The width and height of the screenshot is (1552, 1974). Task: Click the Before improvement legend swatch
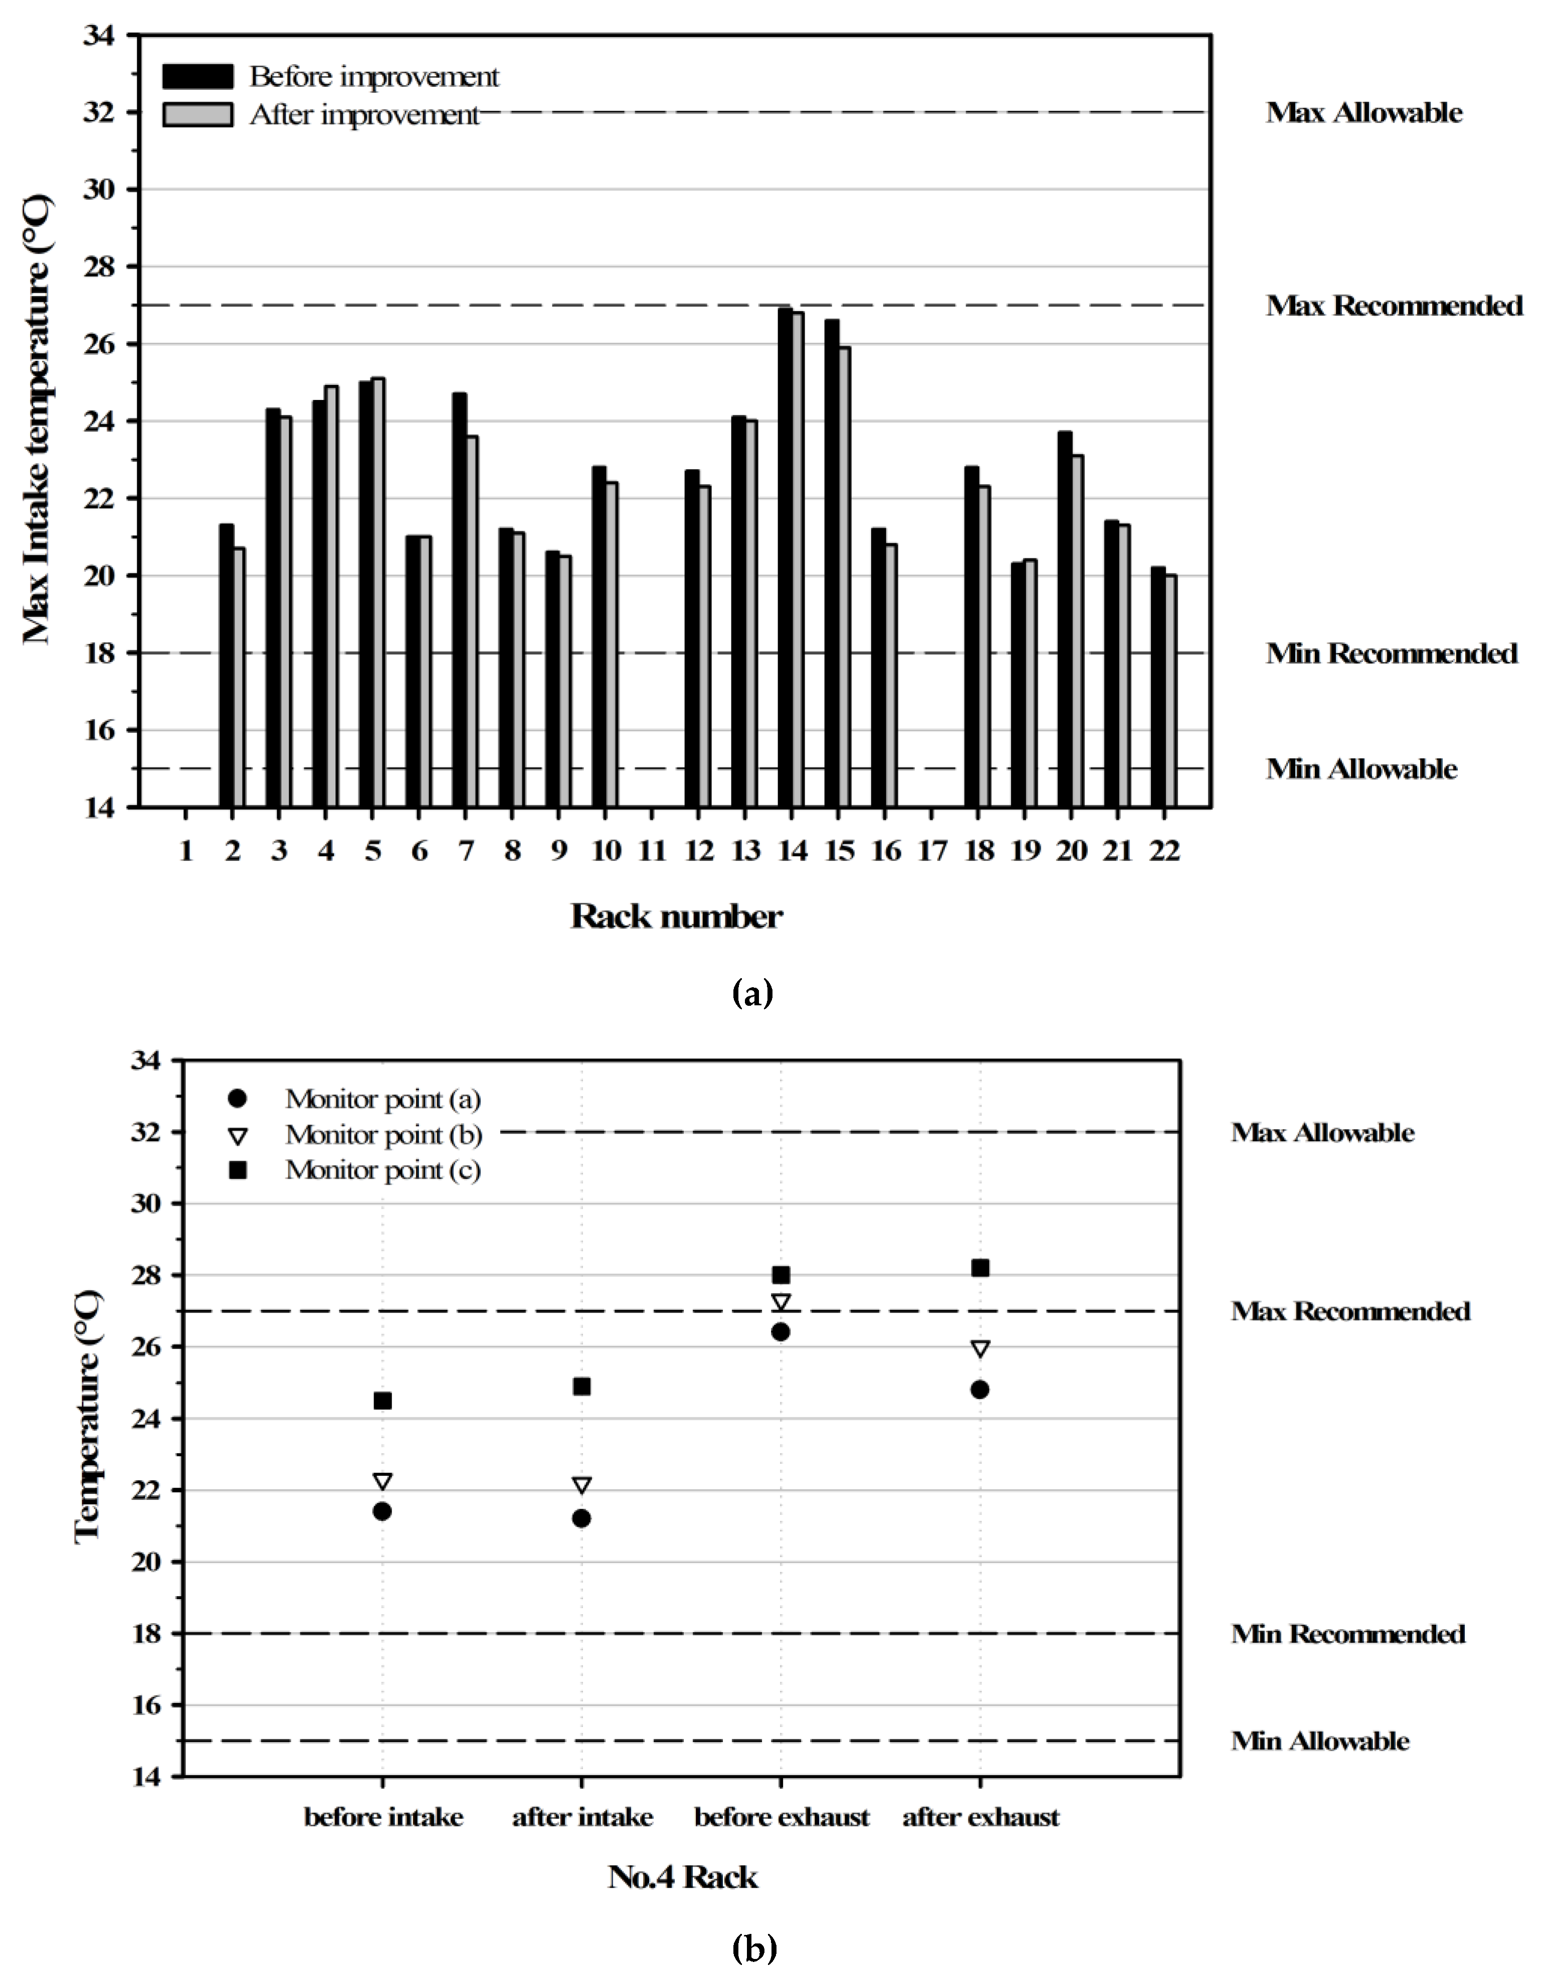tap(197, 76)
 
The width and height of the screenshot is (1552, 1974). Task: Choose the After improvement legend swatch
tap(197, 114)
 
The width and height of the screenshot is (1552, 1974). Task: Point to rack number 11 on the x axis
tap(652, 851)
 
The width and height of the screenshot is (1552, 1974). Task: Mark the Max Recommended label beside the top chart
tap(1394, 306)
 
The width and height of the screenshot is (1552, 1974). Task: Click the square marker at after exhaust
tap(980, 1268)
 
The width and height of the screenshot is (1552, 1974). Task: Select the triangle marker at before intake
tap(382, 1482)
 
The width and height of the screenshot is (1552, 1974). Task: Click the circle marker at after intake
tap(581, 1518)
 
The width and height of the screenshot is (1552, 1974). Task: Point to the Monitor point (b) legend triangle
tap(238, 1136)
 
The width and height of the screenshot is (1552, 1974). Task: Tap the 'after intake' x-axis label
tap(581, 1818)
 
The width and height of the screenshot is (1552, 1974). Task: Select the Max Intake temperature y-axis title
tap(37, 419)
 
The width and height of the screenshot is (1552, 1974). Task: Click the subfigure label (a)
tap(752, 993)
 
